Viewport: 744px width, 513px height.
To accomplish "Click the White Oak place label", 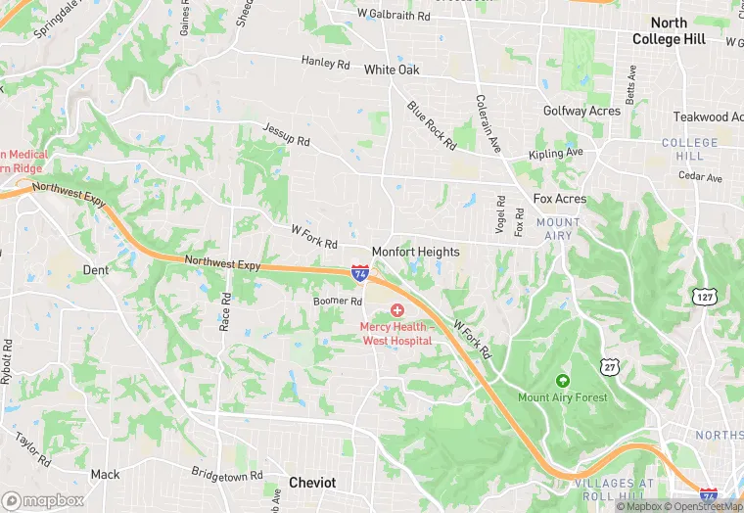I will [392, 70].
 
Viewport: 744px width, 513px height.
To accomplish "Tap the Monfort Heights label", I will [415, 252].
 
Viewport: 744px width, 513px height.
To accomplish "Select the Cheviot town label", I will [312, 483].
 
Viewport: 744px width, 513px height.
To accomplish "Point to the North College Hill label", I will [669, 30].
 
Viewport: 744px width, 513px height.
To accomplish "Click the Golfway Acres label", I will [581, 111].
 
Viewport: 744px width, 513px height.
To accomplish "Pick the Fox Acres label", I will [560, 199].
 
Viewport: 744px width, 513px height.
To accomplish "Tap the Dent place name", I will [96, 269].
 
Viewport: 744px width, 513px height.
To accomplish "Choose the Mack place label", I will [105, 475].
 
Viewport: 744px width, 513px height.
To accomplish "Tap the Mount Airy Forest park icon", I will [562, 380].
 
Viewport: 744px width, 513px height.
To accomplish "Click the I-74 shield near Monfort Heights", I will [360, 274].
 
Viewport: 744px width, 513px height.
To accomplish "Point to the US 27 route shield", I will [610, 365].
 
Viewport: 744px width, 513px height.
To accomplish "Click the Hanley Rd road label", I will [325, 63].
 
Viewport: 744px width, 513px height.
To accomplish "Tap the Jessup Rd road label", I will [286, 134].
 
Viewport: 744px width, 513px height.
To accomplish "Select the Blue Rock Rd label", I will [432, 125].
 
